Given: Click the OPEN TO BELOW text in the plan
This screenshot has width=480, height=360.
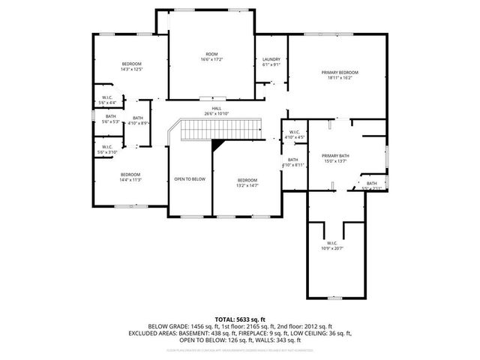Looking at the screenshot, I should tap(190, 179).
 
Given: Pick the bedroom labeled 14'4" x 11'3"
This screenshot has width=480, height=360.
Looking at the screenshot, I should tap(131, 177).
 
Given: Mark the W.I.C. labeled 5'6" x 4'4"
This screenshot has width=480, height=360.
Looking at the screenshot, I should tap(107, 100).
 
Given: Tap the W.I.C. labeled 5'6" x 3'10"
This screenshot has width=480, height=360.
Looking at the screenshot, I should tap(107, 149).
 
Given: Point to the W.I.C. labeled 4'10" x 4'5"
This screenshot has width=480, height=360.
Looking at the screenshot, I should tap(294, 135).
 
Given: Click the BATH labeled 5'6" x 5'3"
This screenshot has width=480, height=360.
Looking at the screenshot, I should tap(111, 119).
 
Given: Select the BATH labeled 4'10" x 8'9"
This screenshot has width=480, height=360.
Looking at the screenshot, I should tap(139, 120).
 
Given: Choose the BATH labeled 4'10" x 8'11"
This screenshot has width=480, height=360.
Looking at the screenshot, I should tap(293, 162).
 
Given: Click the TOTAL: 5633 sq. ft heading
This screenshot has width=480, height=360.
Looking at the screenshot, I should tap(239, 319).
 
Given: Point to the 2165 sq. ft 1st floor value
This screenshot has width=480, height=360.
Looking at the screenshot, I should tap(253, 328).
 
